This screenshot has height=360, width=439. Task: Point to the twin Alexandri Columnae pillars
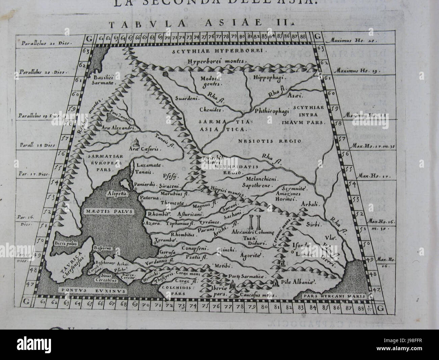pyautogui.click(x=253, y=223)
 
